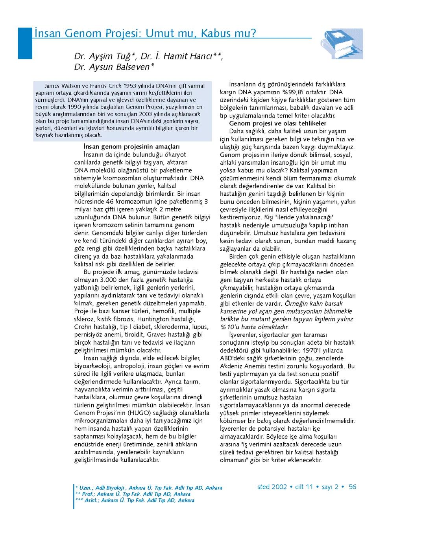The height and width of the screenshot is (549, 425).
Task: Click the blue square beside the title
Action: (x=24, y=43)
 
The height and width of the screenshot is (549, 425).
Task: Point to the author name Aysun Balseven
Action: (x=117, y=67)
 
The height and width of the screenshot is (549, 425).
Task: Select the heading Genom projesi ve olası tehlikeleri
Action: (x=278, y=123)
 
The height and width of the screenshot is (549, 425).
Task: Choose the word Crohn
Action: (x=83, y=327)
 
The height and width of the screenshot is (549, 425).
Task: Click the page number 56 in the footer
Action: (x=352, y=487)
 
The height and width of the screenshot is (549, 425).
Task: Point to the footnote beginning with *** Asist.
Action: (x=135, y=500)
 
